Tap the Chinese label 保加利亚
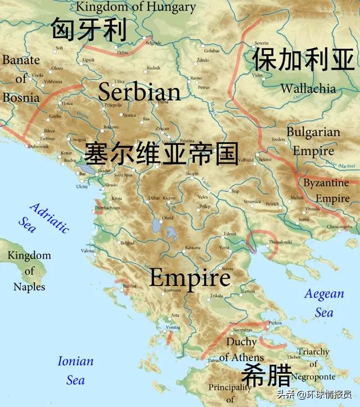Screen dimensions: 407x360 point(303,60)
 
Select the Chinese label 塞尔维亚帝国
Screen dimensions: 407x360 point(161,153)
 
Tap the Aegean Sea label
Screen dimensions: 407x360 point(324,302)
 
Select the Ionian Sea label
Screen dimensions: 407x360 point(75,370)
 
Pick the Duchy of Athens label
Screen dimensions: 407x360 point(241,349)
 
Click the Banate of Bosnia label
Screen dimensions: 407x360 point(21,79)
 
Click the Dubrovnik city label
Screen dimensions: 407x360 point(40,146)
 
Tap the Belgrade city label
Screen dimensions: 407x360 point(153,43)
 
